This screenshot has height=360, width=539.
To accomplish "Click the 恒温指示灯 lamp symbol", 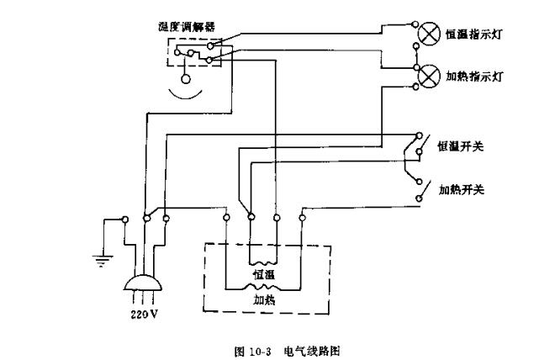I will (429, 34).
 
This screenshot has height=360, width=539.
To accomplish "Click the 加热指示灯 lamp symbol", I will (429, 76).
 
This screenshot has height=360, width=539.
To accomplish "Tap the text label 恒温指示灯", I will (477, 35).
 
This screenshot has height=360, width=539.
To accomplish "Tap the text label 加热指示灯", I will (477, 77).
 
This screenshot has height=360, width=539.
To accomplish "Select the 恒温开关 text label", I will (460, 146).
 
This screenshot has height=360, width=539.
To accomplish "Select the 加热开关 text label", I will (460, 189).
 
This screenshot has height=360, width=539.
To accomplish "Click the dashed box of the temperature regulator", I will (195, 52).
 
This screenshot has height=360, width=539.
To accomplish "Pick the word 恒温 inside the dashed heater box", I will (264, 275).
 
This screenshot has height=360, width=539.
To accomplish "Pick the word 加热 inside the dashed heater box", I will (264, 298).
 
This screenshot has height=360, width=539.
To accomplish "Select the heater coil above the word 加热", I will (264, 286).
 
